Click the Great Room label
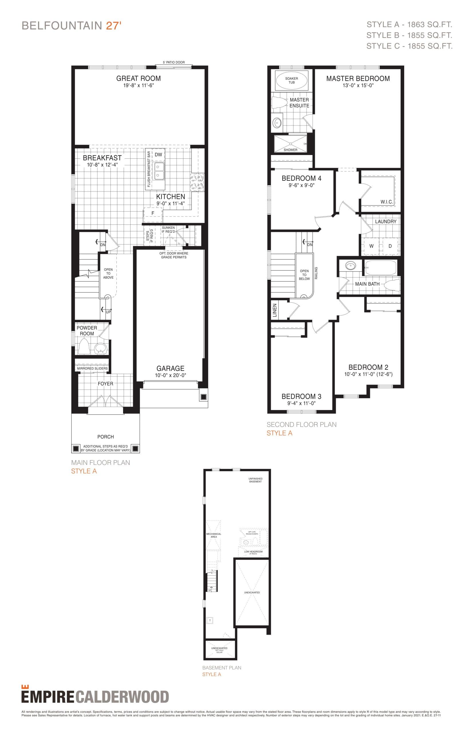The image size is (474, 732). tap(138, 78)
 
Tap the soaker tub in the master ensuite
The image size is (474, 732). tap(291, 81)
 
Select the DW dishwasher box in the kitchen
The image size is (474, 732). tap(158, 155)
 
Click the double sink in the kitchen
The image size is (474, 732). tap(159, 171)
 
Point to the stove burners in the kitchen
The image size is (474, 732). tap(197, 182)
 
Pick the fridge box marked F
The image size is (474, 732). tap(153, 213)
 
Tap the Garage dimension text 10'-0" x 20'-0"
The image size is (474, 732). tap(171, 375)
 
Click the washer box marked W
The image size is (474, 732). tap(371, 246)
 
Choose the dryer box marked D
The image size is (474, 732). tap(390, 246)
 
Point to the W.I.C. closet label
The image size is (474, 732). tap(386, 202)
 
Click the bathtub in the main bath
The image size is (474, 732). tap(380, 267)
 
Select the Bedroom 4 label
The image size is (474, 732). tap(301, 178)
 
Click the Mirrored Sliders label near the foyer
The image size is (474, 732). tap(92, 368)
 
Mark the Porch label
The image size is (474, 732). tap(106, 437)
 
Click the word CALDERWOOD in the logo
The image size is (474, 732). tap(122, 697)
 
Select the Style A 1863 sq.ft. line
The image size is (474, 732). tap(409, 25)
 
